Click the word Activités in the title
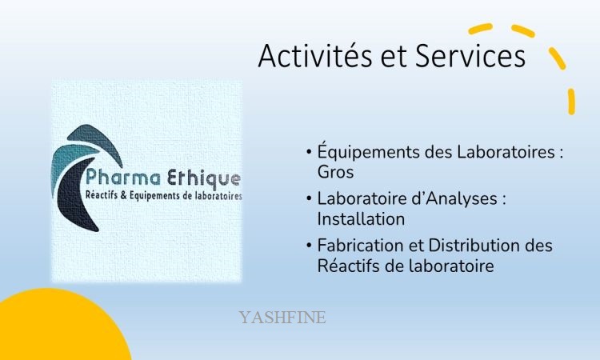315,56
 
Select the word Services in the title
470,56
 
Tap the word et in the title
394,58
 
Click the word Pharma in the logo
123,178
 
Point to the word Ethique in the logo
204,179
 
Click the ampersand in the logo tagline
123,195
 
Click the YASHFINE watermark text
282,317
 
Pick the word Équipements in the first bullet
369,152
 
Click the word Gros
335,172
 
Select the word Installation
361,219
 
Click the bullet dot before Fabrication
309,246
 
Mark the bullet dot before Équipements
309,152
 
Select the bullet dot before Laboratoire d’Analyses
309,198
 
